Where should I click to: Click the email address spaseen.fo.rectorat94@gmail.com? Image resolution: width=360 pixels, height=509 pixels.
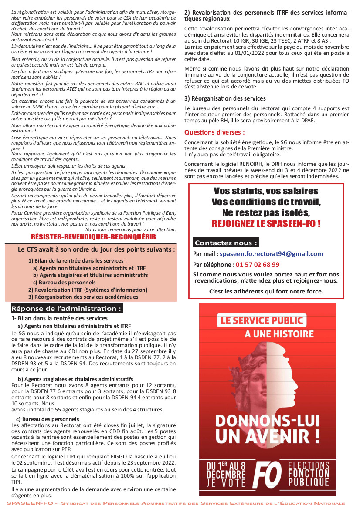(x=271, y=254)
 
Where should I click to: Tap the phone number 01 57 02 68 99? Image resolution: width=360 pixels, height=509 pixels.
(x=258, y=264)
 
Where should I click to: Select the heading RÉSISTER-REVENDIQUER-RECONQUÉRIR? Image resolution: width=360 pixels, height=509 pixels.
(x=87, y=237)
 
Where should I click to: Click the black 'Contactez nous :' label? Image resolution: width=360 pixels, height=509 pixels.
(x=226, y=243)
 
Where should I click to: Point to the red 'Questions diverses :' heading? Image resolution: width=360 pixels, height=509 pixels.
(x=214, y=132)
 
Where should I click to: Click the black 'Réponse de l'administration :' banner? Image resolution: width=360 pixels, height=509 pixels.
(x=66, y=309)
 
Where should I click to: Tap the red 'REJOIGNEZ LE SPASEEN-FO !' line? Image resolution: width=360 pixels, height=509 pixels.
(x=266, y=224)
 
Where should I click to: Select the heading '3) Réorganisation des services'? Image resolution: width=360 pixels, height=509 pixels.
(x=225, y=98)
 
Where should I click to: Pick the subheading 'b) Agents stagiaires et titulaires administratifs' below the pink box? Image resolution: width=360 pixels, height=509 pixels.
(x=75, y=379)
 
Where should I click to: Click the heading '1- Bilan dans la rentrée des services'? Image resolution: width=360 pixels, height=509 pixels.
(x=59, y=318)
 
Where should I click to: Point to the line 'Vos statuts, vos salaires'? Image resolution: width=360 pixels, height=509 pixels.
(x=266, y=191)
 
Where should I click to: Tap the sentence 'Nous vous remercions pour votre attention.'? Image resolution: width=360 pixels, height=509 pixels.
(x=130, y=229)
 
